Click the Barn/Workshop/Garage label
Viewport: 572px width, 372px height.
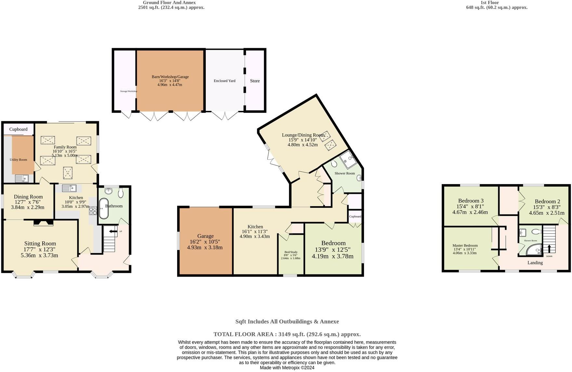[170, 77]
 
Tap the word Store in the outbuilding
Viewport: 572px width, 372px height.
[255, 81]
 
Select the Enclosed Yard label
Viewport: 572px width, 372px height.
[225, 81]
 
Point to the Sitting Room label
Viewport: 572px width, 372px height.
[40, 244]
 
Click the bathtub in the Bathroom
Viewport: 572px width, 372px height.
[103, 208]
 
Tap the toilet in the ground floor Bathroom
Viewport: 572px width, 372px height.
[121, 193]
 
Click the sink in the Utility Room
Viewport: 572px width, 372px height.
[22, 179]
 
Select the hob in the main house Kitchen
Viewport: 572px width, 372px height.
[93, 211]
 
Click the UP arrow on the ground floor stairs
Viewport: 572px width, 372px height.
[113, 232]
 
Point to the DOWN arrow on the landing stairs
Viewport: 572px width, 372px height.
[549, 249]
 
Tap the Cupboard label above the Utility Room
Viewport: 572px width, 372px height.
[19, 129]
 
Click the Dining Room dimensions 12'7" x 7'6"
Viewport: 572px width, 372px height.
[28, 202]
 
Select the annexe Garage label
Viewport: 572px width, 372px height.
[205, 236]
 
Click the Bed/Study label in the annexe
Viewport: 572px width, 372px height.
[291, 252]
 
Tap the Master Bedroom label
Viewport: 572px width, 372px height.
[465, 246]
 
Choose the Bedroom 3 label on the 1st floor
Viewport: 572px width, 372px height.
[471, 201]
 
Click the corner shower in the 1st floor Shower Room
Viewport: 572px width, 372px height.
[534, 250]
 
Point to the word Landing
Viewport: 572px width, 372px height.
[535, 263]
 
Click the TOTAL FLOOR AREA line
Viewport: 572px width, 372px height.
[287, 334]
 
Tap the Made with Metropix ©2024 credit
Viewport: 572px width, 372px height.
[287, 368]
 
